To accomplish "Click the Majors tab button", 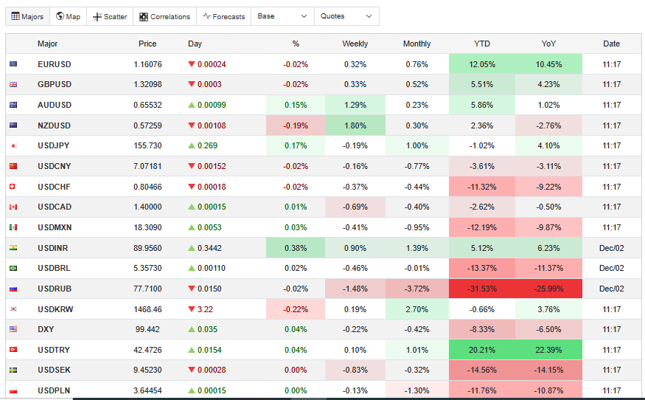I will (27, 16).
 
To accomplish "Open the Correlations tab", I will (164, 16).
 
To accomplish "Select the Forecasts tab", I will (223, 16).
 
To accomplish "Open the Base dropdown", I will (282, 16).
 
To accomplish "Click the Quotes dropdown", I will (346, 16).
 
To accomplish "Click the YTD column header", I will (481, 44).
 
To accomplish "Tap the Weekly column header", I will (355, 44).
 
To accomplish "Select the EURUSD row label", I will (55, 64).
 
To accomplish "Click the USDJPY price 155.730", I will (147, 146).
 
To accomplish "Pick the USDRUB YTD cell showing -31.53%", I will (481, 289).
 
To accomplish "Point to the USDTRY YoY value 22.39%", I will (549, 350).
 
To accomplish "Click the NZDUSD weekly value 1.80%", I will (355, 125).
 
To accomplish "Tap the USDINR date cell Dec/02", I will (611, 248).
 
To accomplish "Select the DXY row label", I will (46, 329).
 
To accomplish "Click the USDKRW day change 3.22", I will (206, 309).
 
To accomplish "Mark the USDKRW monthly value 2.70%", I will (416, 309).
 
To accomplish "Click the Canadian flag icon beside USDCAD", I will (13, 207).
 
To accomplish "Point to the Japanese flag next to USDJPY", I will (13, 146).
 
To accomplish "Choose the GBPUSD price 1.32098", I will (147, 85).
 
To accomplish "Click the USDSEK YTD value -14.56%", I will (481, 370).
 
